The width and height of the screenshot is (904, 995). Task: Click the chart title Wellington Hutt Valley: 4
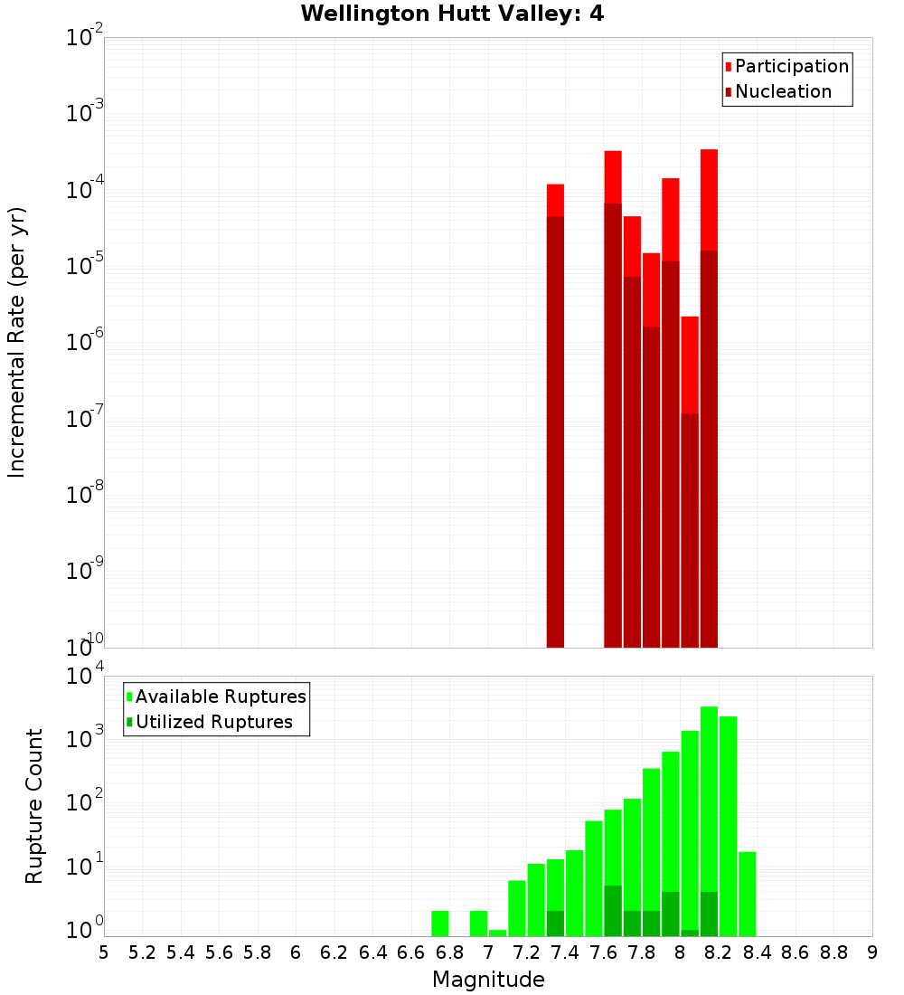tap(452, 14)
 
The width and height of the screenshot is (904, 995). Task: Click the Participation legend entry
tap(791, 66)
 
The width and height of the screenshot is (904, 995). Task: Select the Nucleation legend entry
tap(782, 91)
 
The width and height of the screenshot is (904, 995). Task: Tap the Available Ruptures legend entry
tap(220, 696)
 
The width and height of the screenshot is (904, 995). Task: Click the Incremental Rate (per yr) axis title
tap(16, 342)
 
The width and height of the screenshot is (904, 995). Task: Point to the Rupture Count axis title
tap(34, 806)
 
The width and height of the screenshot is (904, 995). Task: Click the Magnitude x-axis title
tap(488, 980)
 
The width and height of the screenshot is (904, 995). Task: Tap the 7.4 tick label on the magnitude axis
tap(565, 952)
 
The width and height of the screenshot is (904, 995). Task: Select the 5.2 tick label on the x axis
tap(142, 952)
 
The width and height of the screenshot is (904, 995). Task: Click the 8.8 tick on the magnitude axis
tap(833, 952)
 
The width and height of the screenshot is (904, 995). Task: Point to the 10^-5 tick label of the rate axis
tap(85, 266)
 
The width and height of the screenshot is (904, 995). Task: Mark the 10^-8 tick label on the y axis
tap(85, 495)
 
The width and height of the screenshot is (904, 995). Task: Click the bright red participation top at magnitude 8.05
tap(690, 362)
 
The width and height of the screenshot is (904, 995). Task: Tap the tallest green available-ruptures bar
tap(709, 814)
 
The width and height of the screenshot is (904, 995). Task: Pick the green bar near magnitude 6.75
tap(440, 924)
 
